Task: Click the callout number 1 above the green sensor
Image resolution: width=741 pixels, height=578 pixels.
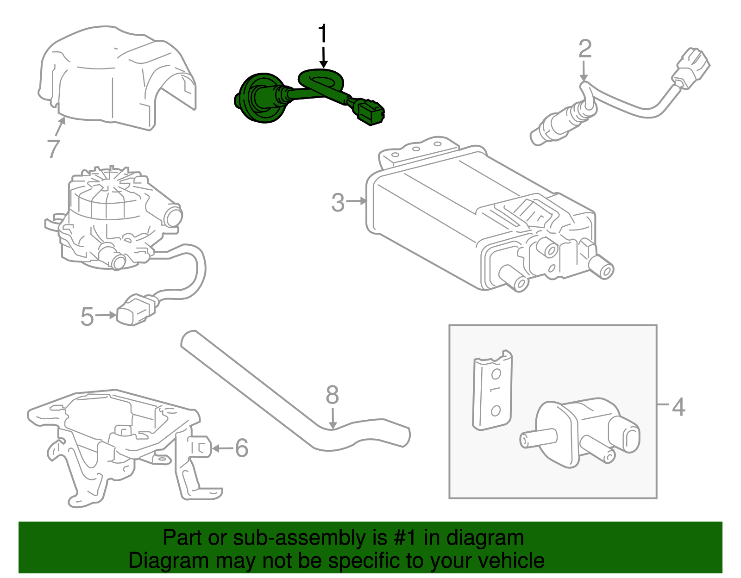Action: click(322, 34)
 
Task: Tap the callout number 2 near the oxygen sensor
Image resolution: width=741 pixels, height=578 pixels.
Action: click(585, 49)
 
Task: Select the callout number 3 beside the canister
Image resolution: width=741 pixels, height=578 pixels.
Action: click(338, 203)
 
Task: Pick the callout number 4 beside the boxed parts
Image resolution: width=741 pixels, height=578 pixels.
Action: click(678, 407)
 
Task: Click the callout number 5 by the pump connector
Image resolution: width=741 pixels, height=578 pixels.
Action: click(87, 317)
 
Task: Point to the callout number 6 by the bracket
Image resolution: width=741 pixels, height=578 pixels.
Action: click(241, 448)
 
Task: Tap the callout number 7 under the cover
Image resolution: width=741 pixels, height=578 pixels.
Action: click(53, 148)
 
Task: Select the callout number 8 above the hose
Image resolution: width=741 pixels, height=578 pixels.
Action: click(332, 396)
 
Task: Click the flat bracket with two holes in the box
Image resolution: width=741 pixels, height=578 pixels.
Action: click(492, 391)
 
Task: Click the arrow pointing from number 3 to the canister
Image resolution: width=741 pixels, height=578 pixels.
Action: click(357, 201)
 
